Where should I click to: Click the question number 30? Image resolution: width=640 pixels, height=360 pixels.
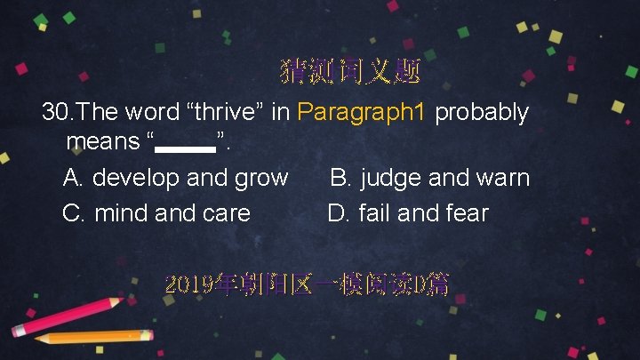57,113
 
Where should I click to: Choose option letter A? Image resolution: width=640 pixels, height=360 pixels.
72,178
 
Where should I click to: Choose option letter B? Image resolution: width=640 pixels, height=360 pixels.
340,178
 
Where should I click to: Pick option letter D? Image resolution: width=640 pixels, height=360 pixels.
337,213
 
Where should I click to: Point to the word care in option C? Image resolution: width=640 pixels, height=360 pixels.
224,213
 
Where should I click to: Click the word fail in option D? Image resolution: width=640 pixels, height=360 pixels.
375,213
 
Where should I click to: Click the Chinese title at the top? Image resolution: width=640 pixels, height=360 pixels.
349,70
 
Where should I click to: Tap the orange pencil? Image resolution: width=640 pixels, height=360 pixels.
93,337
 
